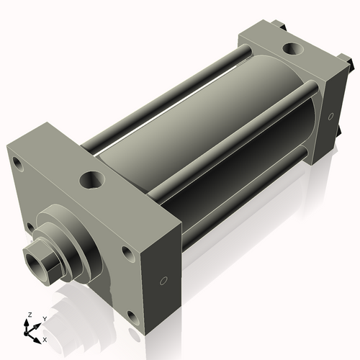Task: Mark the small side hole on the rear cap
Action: [331, 115]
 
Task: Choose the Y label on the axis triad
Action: [44, 318]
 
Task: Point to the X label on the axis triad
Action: [45, 338]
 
